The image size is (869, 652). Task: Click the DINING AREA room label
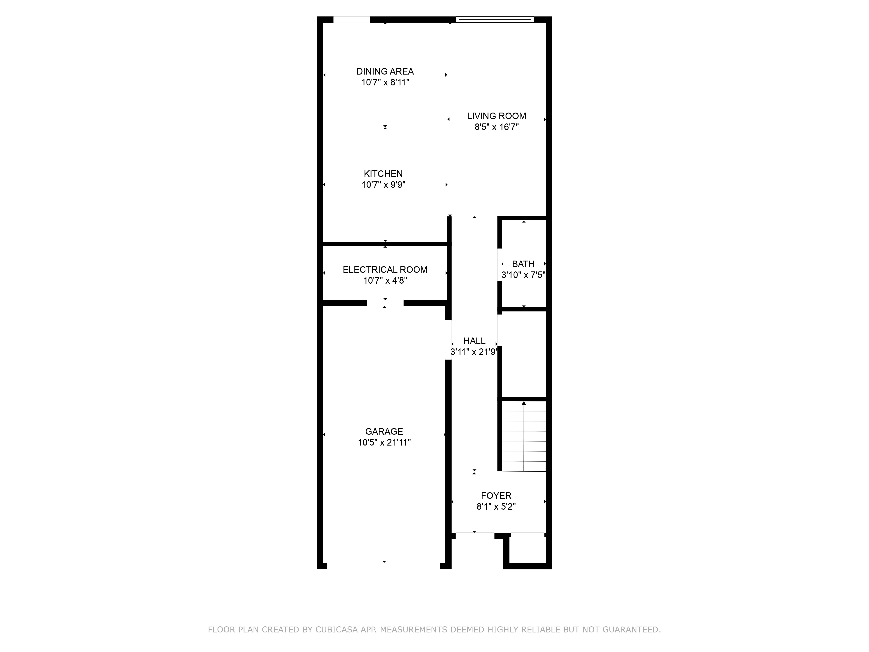(385, 72)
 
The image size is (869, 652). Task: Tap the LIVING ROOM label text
(497, 116)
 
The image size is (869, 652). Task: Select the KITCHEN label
(383, 174)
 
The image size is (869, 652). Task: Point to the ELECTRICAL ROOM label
(385, 270)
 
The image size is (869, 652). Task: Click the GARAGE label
(384, 432)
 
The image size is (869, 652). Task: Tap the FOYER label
(496, 496)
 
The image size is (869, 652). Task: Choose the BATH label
(523, 264)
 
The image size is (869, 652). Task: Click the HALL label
(474, 341)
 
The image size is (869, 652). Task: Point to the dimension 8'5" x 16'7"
(497, 127)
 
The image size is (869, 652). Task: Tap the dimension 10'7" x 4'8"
(385, 281)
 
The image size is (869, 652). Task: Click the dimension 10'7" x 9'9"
(383, 185)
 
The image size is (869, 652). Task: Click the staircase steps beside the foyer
(524, 436)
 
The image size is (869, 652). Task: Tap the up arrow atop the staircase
(524, 403)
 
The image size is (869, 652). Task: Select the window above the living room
(495, 19)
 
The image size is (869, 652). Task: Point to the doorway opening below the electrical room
(385, 303)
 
